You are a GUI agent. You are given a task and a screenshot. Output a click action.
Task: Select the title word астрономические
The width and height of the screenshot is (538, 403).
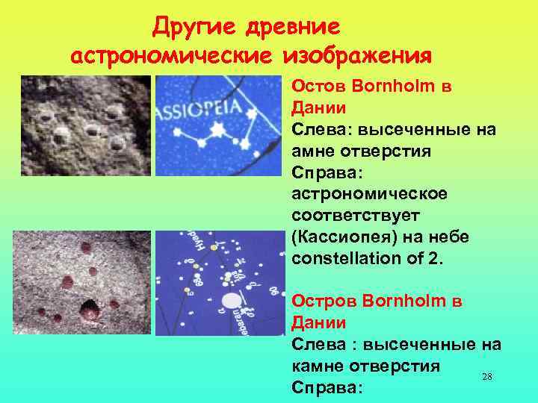(x=173, y=56)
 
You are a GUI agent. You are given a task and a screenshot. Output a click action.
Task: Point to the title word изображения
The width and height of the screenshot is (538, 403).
(x=357, y=56)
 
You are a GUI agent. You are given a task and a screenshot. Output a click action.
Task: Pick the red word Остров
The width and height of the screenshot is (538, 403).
(x=317, y=302)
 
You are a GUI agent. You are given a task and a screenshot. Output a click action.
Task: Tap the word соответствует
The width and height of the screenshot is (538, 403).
(x=356, y=215)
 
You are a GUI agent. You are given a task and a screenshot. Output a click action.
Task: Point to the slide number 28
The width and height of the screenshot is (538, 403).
(x=486, y=378)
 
